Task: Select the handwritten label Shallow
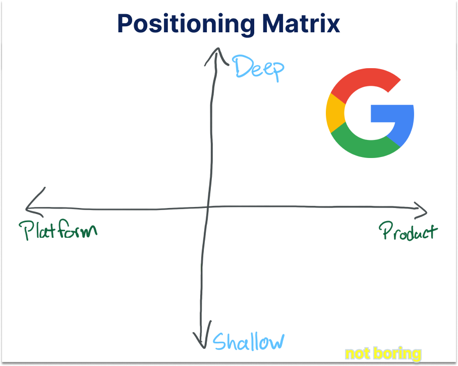tap(248, 342)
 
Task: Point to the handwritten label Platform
tap(59, 231)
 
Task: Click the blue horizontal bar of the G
tap(392, 114)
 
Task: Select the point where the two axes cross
tap(207, 207)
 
